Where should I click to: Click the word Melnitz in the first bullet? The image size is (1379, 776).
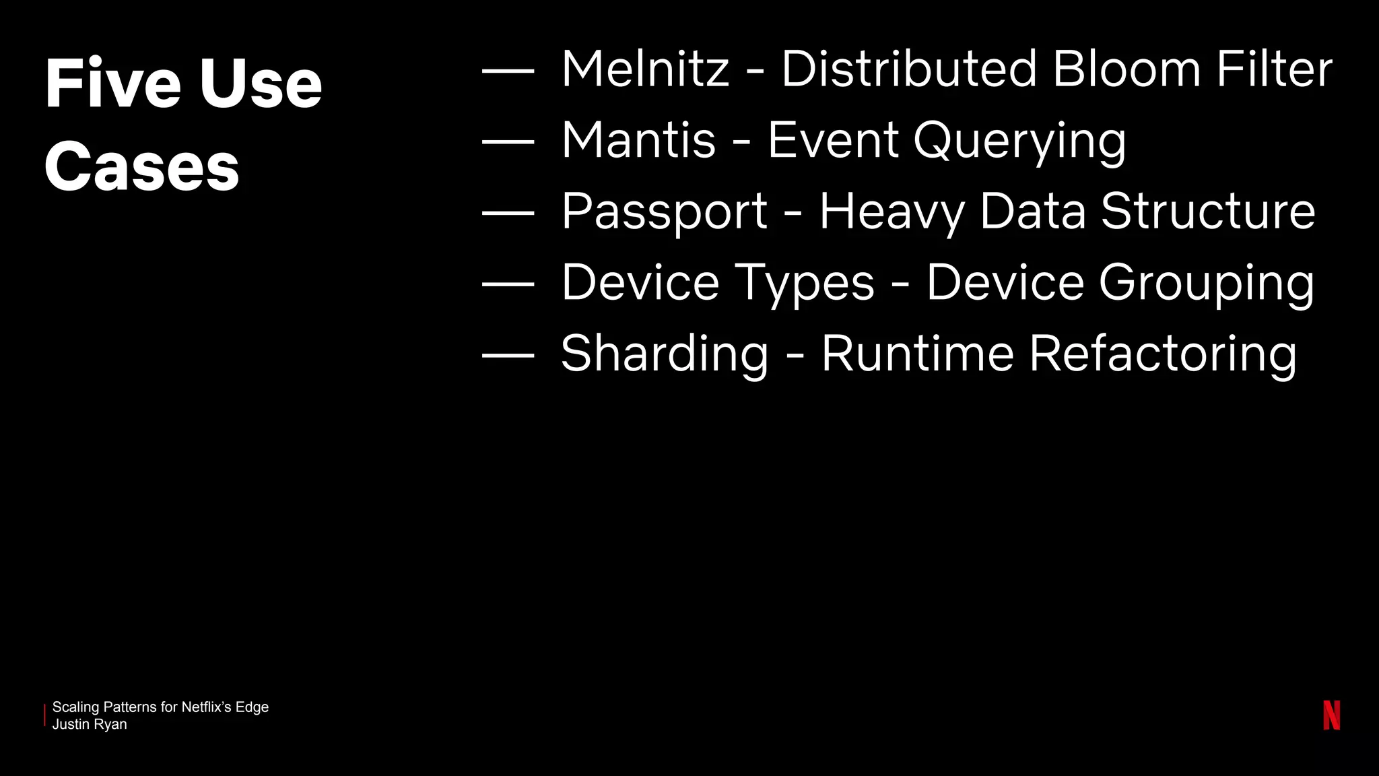pyautogui.click(x=645, y=69)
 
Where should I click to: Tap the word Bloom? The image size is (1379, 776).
pyautogui.click(x=1126, y=69)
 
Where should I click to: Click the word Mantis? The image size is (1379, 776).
pyautogui.click(x=638, y=141)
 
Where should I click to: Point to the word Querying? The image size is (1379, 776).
pyautogui.click(x=1019, y=142)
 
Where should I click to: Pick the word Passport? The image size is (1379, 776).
pyautogui.click(x=664, y=212)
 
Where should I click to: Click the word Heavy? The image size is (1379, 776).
pyautogui.click(x=892, y=212)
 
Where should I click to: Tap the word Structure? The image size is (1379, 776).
pyautogui.click(x=1208, y=212)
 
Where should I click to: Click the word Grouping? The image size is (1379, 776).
pyautogui.click(x=1207, y=284)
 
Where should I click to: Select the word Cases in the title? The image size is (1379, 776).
pyautogui.click(x=142, y=167)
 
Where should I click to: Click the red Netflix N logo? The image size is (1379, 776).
pyautogui.click(x=1331, y=715)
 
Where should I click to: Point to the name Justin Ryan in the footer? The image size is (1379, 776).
pyautogui.click(x=90, y=725)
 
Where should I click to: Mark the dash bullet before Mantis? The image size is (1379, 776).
pyautogui.click(x=508, y=141)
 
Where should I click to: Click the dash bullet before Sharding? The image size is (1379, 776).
pyautogui.click(x=508, y=354)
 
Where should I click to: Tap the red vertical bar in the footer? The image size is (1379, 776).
pyautogui.click(x=45, y=715)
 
